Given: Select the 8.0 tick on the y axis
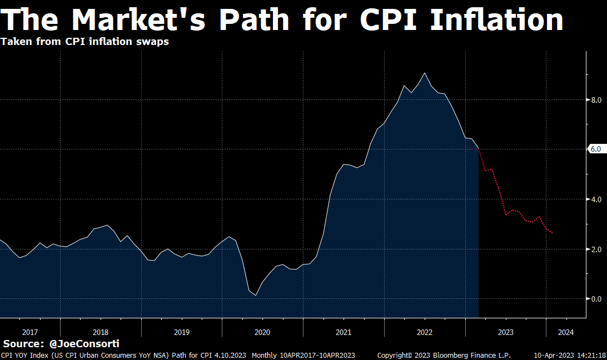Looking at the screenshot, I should pos(596,100).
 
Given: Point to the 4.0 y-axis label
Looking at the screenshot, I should pos(596,199).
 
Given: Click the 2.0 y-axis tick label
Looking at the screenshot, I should pos(596,249).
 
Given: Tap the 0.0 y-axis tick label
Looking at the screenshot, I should pos(596,299).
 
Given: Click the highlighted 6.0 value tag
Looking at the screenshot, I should pos(595,149).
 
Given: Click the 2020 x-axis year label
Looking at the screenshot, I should pos(262,332).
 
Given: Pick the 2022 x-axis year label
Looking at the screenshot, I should pos(425,332).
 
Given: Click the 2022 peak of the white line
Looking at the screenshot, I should pos(425,73).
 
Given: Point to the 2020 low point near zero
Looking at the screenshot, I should pos(256,295).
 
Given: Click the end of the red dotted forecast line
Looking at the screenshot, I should pos(552,233).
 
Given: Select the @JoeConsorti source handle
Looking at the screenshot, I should pos(84,344).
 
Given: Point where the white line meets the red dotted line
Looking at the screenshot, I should pos(479,149).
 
